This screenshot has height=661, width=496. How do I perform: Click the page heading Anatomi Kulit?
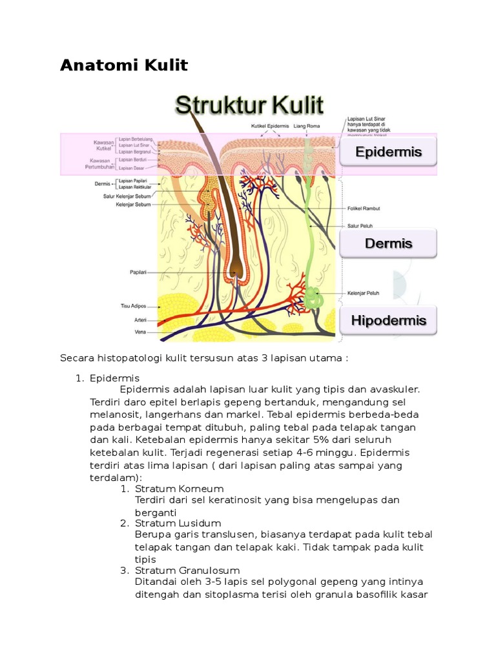(124, 65)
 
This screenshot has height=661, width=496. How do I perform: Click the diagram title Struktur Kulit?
(250, 107)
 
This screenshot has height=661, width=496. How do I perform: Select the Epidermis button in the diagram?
(388, 152)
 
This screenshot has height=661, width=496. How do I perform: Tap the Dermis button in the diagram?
(388, 243)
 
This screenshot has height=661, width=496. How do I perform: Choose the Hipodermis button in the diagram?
(388, 320)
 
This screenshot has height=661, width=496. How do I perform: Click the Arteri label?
(140, 320)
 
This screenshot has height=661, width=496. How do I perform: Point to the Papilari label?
(137, 273)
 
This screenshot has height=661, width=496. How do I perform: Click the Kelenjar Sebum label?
(133, 205)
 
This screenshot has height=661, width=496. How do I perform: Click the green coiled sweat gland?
(314, 298)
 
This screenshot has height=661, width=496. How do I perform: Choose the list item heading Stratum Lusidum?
(178, 523)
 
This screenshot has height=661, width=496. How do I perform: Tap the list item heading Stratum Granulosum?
(187, 571)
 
